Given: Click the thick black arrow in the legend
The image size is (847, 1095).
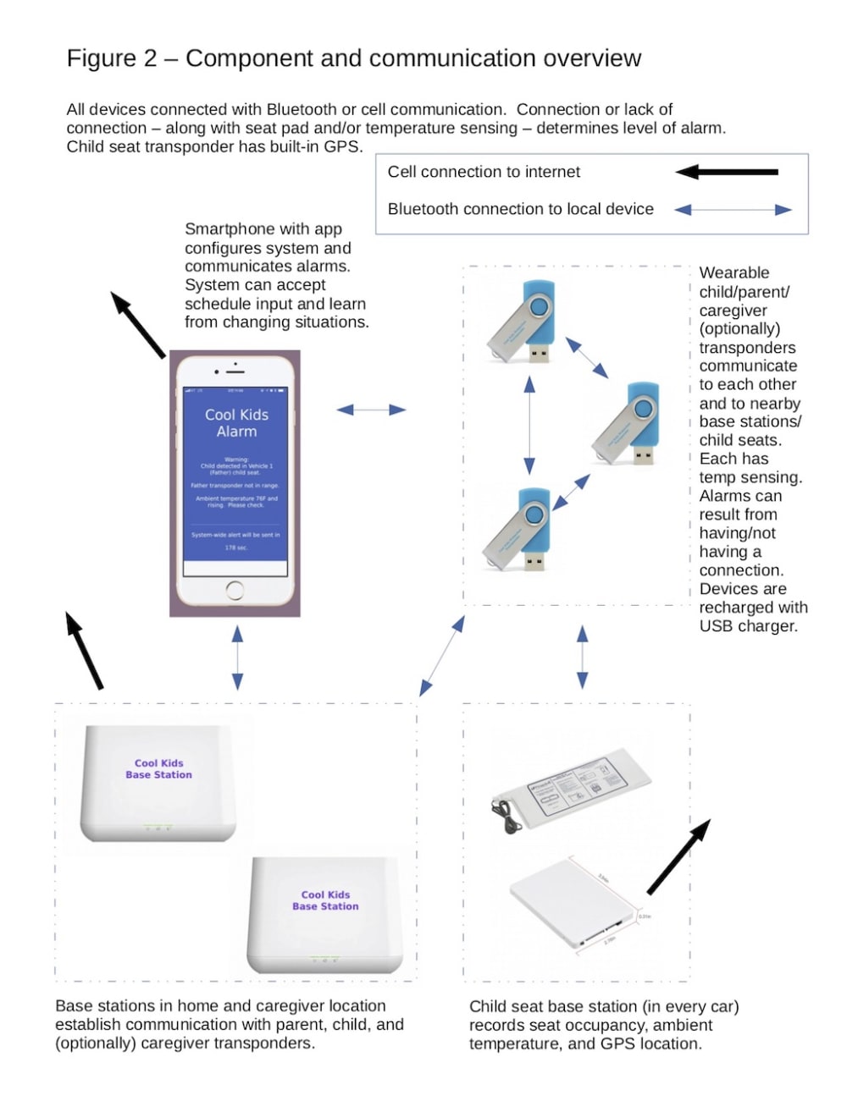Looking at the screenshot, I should (727, 172).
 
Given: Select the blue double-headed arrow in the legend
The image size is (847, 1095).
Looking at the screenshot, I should (733, 209).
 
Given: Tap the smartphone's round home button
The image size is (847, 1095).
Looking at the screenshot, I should (235, 591).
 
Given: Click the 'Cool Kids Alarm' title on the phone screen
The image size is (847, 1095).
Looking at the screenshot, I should (236, 423).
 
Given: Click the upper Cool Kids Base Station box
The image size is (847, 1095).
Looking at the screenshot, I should (158, 784).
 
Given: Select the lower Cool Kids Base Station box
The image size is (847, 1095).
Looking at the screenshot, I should (325, 916).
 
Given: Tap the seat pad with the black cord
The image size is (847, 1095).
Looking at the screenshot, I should (572, 787).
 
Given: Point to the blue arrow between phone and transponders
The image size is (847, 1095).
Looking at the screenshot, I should (371, 410).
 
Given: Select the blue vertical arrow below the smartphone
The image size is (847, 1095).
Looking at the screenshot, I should (237, 658).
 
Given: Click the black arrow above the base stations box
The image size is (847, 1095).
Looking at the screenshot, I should (85, 650).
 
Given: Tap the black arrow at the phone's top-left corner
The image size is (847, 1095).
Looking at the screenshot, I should (138, 325).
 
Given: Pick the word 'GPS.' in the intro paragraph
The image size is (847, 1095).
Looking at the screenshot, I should (342, 146).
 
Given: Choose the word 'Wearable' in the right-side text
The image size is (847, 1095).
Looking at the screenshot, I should (734, 272).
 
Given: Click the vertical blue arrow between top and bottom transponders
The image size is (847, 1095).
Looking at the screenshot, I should (529, 426).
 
